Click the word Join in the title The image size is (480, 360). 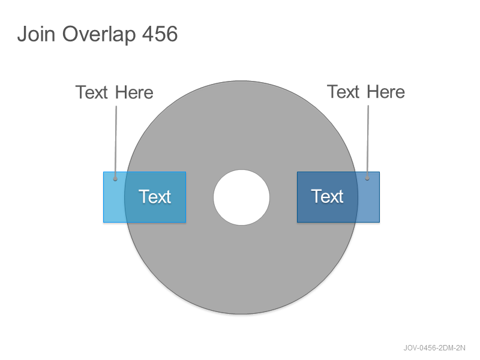[36, 34]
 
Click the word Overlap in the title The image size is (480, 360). [99, 35]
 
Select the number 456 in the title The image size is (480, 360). [160, 34]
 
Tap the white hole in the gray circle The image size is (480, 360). [242, 197]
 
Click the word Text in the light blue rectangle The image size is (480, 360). [155, 197]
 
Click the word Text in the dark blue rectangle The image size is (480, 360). [327, 196]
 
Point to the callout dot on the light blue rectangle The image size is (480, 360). [115, 179]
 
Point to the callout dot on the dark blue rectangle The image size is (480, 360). [367, 178]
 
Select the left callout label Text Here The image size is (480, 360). [114, 92]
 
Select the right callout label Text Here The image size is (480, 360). [366, 92]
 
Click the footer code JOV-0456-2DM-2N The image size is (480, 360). [434, 348]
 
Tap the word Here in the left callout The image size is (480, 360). [134, 92]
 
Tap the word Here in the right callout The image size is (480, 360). [386, 92]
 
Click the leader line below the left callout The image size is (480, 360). [116, 142]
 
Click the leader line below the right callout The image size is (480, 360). [368, 142]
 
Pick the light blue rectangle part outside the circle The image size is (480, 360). [113, 197]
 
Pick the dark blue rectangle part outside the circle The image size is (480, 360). [368, 197]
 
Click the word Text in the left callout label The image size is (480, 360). [92, 92]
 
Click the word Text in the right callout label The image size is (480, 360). [343, 92]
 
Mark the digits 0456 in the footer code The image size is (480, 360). [428, 348]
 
